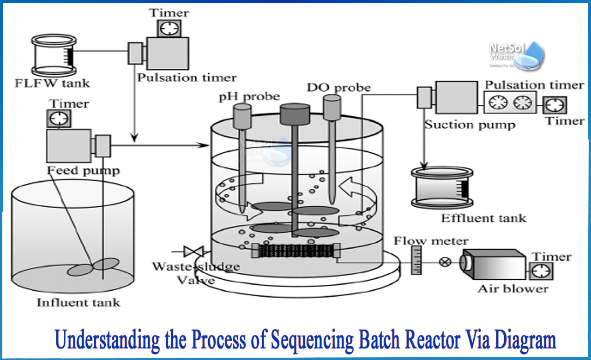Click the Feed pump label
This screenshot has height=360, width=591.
83,170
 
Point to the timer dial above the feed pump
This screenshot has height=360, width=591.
59,119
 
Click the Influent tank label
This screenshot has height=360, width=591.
78,303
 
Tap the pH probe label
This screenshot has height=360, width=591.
249,96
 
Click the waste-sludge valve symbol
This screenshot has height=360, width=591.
193,252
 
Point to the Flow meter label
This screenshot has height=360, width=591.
431,240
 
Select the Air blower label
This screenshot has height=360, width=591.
513,289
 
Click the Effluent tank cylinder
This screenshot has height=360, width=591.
442,188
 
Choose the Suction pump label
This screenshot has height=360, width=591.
470,125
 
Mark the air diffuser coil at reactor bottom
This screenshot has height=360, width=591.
294,251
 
